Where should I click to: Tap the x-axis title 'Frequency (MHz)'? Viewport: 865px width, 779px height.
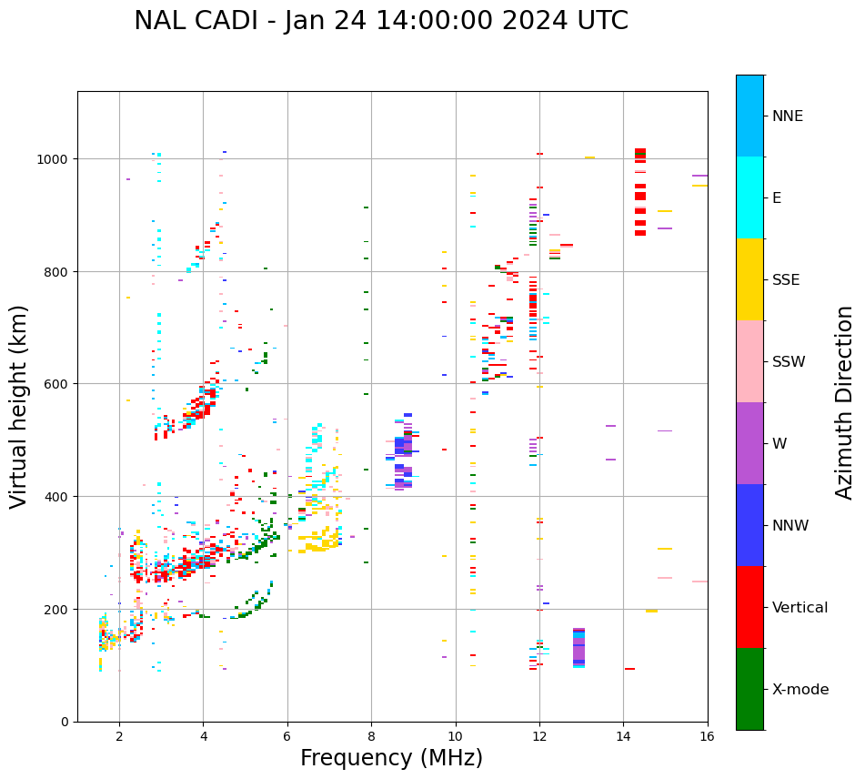391,758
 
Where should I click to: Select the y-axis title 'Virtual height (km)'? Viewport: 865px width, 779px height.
19,406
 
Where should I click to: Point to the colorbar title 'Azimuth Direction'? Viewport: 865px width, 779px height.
845,402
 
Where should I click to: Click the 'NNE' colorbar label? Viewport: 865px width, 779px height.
788,116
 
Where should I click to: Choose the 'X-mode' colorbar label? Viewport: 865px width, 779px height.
800,690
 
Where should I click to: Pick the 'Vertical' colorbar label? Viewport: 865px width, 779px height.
800,608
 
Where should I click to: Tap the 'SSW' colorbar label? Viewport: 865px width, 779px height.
789,361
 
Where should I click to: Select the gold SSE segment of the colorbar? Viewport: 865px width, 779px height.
749,279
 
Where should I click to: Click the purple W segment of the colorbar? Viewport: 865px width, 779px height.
749,443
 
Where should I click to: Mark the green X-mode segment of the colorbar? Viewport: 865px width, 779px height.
749,689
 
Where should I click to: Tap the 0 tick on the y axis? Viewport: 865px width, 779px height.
65,722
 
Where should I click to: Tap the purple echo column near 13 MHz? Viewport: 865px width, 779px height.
578,647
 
